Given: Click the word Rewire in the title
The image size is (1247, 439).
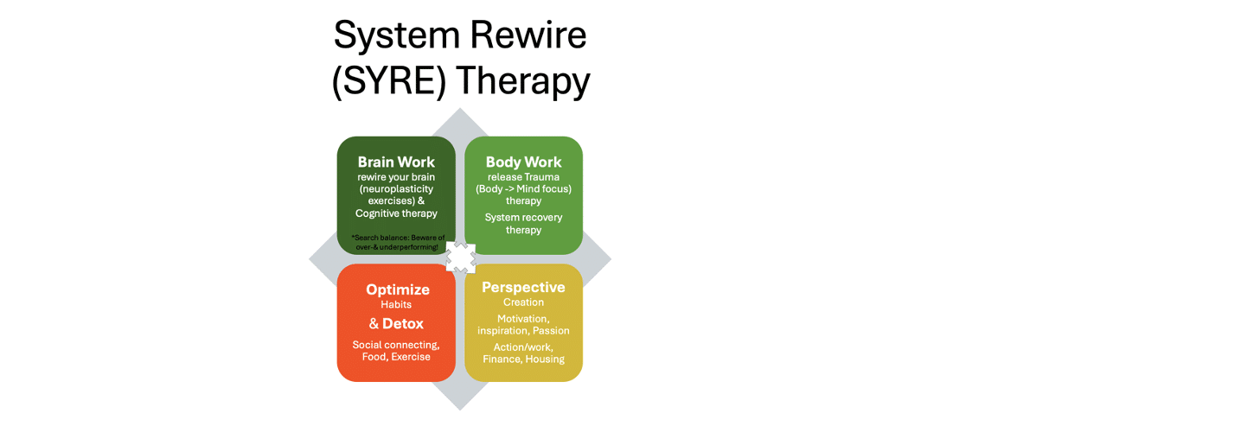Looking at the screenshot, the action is (528, 35).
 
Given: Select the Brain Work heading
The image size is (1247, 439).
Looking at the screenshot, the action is (396, 162).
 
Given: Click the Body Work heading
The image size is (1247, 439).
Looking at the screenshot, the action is (523, 162).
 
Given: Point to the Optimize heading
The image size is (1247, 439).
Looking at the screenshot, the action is (398, 289).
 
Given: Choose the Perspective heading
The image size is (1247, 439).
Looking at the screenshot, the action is (523, 287).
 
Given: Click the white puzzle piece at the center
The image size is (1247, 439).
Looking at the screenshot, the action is (460, 258).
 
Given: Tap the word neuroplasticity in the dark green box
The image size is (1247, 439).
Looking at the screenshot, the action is (396, 189).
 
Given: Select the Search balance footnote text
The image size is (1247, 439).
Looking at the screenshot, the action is (398, 242).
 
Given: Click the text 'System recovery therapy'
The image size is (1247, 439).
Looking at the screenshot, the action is (523, 224).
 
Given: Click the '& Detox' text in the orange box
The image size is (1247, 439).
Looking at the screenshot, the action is (396, 323).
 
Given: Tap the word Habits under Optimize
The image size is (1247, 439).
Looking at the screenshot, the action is (396, 304).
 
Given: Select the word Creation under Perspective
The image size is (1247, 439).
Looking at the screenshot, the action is (523, 302).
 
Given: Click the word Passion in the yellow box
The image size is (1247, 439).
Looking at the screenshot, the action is (551, 330).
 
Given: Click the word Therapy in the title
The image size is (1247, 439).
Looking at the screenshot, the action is (523, 81).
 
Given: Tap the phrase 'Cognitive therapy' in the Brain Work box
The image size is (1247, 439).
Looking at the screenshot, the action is (396, 213).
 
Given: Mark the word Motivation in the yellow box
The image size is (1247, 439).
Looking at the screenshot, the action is (522, 319).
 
